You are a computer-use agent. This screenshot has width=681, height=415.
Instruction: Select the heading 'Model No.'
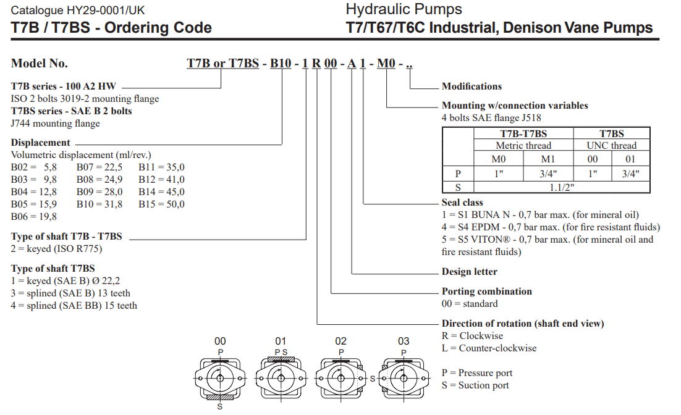[x=40, y=64]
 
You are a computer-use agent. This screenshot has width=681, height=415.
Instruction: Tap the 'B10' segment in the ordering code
[x=281, y=64]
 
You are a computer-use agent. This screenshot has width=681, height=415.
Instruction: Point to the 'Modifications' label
[x=472, y=86]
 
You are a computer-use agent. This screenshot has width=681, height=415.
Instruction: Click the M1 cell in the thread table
[x=549, y=159]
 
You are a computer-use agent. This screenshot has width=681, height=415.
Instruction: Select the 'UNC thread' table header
[x=611, y=146]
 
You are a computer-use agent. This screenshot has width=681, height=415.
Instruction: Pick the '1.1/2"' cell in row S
[x=561, y=187]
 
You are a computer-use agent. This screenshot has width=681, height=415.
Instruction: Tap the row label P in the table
[x=458, y=174]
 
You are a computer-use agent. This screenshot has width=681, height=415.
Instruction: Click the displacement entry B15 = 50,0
[x=161, y=204]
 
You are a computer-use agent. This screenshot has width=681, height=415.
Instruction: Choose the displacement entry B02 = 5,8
[x=34, y=167]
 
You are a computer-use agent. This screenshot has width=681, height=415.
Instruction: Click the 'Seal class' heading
[x=462, y=203]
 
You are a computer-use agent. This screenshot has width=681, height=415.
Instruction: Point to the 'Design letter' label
[x=469, y=272]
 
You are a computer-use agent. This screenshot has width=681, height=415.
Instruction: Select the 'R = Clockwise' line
[x=472, y=336]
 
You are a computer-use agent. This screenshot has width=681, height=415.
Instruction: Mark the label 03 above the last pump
[x=404, y=341]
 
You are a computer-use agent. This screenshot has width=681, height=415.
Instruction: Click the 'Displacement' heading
[x=41, y=143]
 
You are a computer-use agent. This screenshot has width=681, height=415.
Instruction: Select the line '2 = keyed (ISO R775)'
[x=57, y=249]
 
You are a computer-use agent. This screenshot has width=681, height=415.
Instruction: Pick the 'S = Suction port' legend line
[x=475, y=385]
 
